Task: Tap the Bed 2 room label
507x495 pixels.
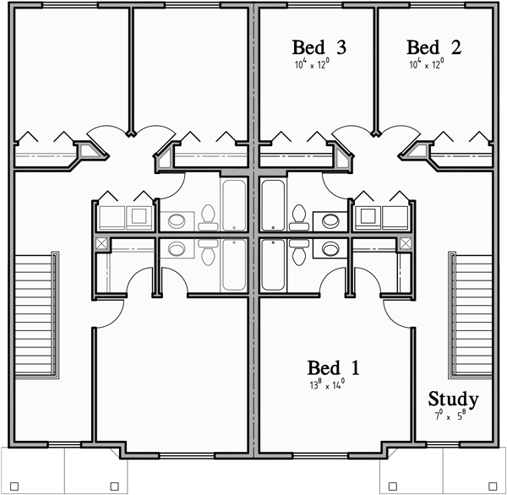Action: [x=433, y=47]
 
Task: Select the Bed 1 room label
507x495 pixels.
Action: [x=333, y=368]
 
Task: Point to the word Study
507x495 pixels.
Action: [x=453, y=399]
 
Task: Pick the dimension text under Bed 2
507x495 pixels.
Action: [x=433, y=64]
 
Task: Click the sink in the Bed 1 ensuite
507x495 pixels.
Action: [x=330, y=249]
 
